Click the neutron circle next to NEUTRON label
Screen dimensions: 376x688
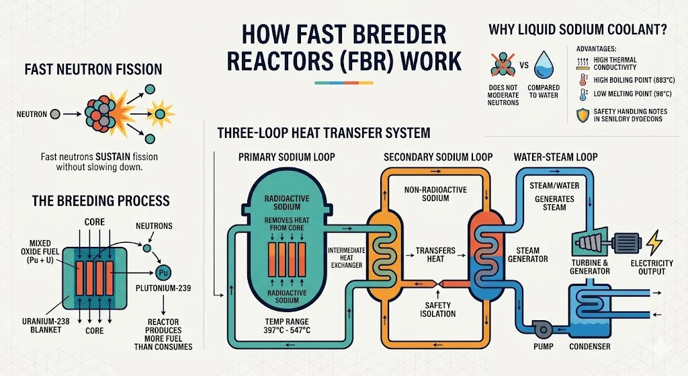[55, 114]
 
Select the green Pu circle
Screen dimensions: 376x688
[162, 273]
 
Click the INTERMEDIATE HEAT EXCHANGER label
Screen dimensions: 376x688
[345, 258]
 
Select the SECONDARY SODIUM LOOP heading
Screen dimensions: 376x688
[437, 157]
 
